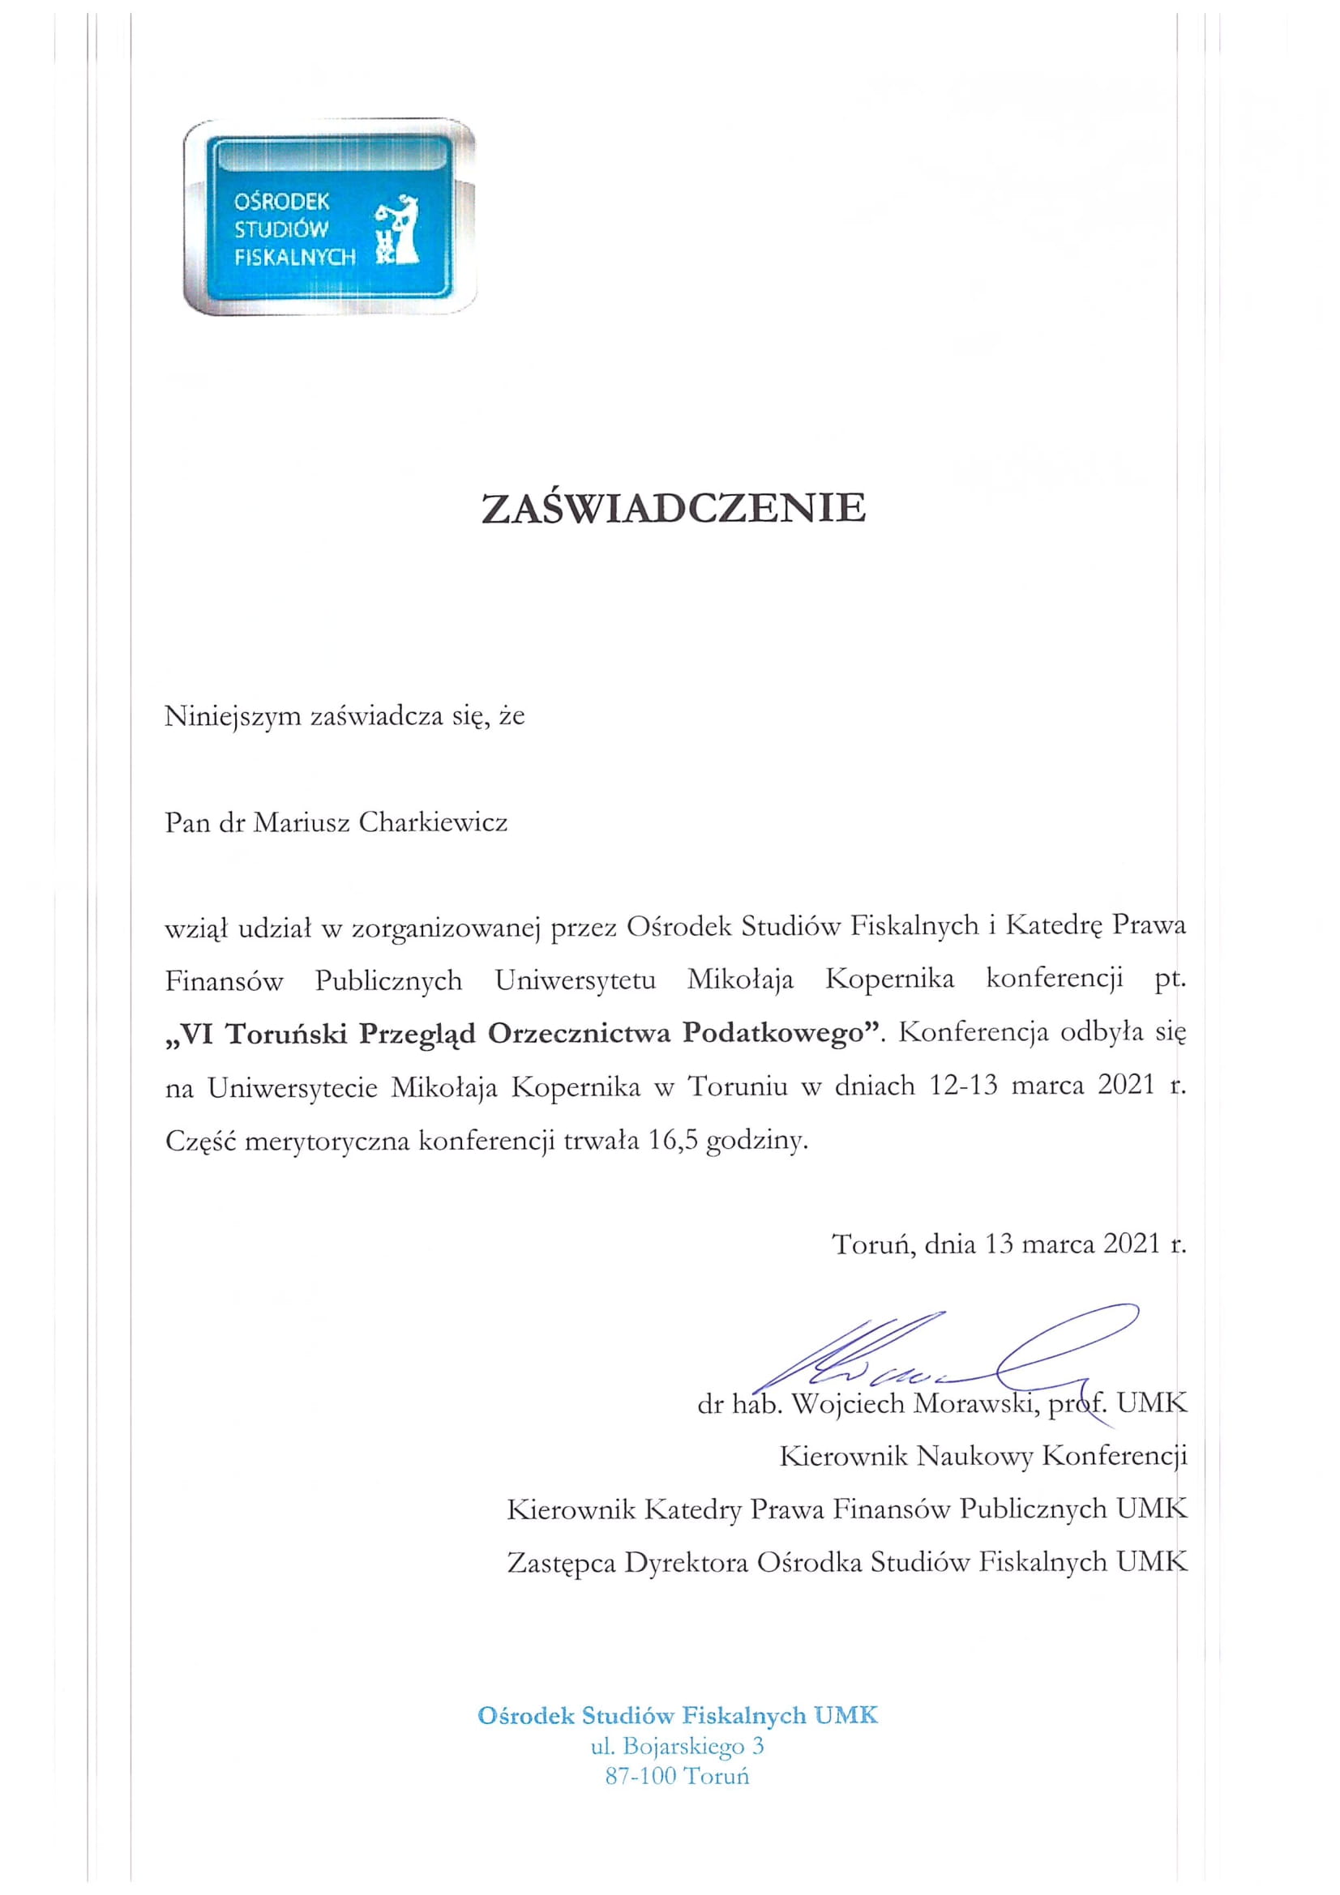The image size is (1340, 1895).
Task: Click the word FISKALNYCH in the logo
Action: (x=295, y=257)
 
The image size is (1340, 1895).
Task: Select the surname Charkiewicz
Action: (x=434, y=822)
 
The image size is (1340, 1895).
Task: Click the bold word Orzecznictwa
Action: (x=580, y=1034)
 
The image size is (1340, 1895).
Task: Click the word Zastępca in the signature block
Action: (x=562, y=1562)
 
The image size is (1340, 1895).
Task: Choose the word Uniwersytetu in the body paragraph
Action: (x=576, y=980)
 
